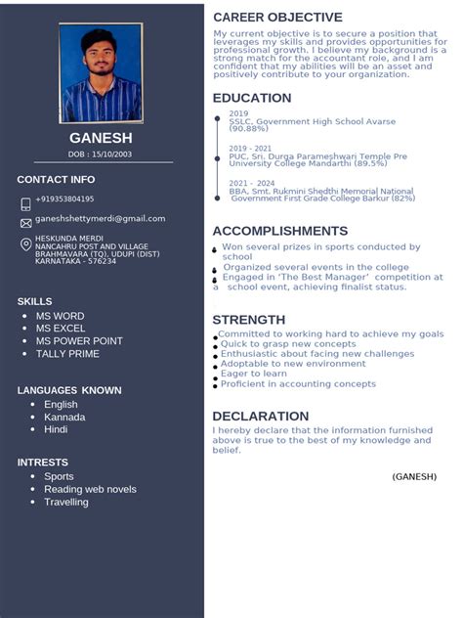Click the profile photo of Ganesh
point(101,73)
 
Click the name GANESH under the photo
point(101,139)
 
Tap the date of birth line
point(101,154)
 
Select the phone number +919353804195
point(64,199)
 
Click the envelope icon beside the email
point(25,223)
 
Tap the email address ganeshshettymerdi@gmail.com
point(100,219)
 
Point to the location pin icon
point(25,244)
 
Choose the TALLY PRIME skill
point(67,354)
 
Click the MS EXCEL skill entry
point(61,329)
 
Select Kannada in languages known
point(64,417)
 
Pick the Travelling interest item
point(66,502)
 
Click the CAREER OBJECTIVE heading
point(277,18)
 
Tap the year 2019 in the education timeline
point(238,113)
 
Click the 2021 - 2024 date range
point(252,183)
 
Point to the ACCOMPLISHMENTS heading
point(279,231)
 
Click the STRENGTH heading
point(249,320)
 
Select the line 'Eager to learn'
point(254,373)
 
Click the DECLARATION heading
point(261,416)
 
